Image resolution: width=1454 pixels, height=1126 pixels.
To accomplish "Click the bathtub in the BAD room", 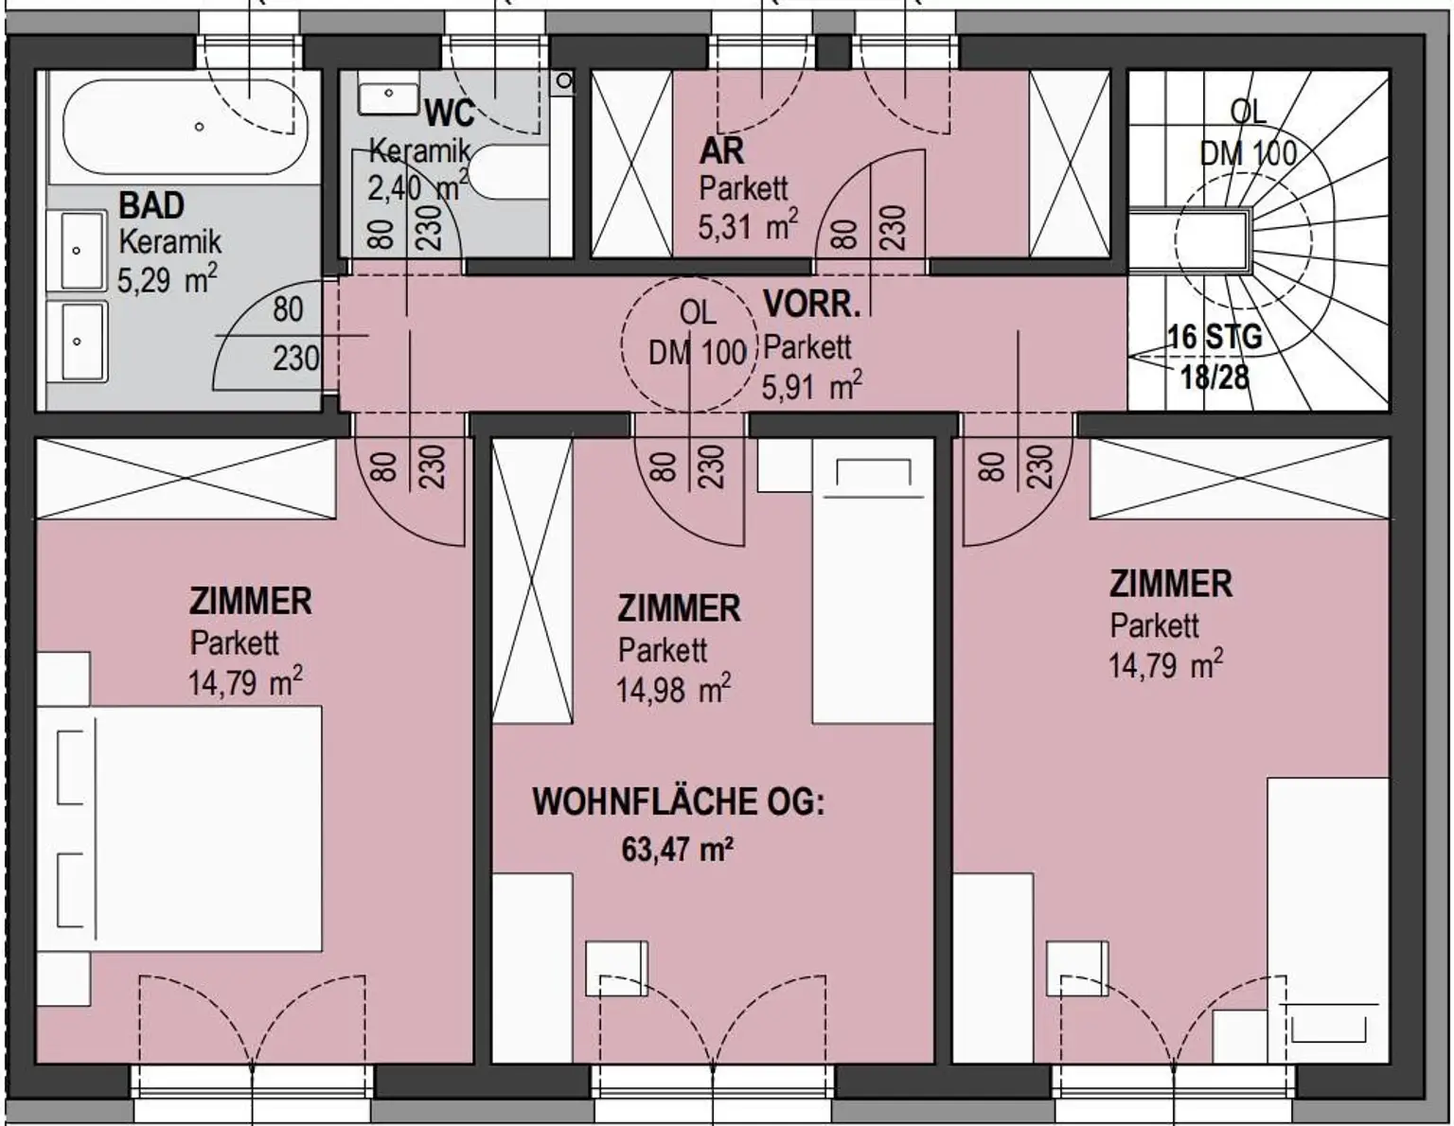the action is point(186,127).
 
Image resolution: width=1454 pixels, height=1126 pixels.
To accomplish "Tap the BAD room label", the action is point(151,205).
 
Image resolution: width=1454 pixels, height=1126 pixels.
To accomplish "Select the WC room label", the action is point(450,113).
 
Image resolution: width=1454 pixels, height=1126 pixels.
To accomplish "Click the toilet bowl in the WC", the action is point(512,171).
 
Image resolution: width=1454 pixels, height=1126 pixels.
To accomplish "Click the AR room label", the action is point(721,151).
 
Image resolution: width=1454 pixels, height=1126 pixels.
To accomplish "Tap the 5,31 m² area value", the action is point(748,224).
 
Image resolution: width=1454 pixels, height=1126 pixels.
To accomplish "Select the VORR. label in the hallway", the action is point(811,305).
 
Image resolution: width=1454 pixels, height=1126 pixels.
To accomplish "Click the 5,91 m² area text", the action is point(811,385).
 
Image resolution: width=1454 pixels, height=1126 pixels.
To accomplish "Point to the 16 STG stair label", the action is point(1215,336).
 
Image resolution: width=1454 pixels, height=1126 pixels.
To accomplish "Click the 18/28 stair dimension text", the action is point(1215,378).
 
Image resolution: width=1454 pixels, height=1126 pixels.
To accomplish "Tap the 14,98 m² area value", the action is point(673,690).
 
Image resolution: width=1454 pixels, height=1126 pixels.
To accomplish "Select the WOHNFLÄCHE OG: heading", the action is point(679,801).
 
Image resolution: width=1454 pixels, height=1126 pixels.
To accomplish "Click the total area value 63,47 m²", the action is point(677,851).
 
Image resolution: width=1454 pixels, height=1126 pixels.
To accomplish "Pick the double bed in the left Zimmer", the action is point(179,829).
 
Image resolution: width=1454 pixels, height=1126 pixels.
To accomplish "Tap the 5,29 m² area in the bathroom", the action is point(168,278).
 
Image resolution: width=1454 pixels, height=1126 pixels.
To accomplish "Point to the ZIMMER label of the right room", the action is point(1170,584).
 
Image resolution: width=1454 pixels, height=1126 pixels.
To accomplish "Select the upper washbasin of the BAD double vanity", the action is point(77,251).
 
